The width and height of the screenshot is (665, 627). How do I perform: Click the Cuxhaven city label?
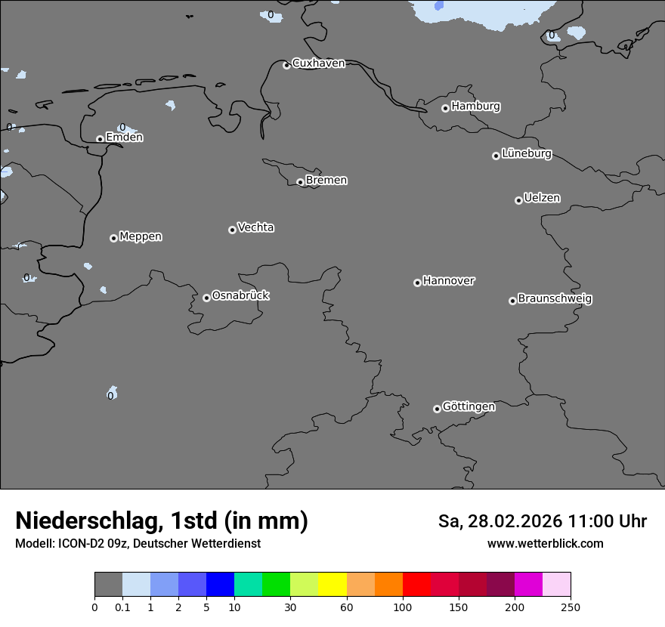pyautogui.click(x=318, y=63)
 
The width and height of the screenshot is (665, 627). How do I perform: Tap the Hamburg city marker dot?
pyautogui.click(x=445, y=108)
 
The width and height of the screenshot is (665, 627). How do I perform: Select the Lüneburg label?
pyautogui.click(x=526, y=153)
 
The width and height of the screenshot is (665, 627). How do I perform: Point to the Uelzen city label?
pyautogui.click(x=542, y=198)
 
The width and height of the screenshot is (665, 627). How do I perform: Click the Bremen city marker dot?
pyautogui.click(x=300, y=182)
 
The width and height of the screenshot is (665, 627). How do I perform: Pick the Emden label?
pyautogui.click(x=124, y=137)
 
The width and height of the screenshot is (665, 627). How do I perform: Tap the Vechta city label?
pyautogui.click(x=255, y=227)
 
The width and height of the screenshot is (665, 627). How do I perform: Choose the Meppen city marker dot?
pyautogui.click(x=113, y=238)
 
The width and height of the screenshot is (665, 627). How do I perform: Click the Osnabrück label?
pyautogui.click(x=240, y=295)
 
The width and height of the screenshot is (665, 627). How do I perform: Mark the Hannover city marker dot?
pyautogui.click(x=417, y=283)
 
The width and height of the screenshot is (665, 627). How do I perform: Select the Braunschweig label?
pyautogui.click(x=555, y=298)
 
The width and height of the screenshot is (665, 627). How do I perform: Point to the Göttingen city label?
pyautogui.click(x=469, y=406)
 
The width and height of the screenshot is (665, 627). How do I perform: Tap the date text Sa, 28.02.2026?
pyautogui.click(x=500, y=521)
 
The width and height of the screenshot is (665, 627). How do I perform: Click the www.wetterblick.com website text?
pyautogui.click(x=545, y=543)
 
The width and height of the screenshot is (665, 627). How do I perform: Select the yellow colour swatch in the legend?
pyautogui.click(x=332, y=585)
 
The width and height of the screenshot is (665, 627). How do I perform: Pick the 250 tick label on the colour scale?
pyautogui.click(x=571, y=607)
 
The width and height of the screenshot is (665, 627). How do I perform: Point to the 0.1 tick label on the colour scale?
pyautogui.click(x=122, y=607)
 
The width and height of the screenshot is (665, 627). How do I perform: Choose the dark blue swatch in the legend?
pyautogui.click(x=220, y=585)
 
